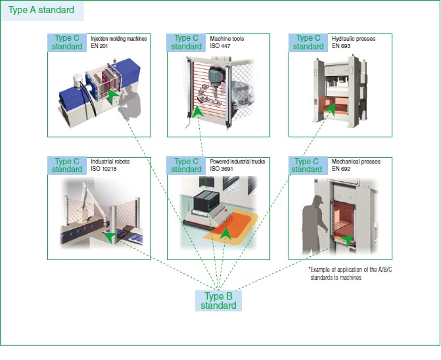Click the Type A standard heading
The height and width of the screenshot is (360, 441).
41,11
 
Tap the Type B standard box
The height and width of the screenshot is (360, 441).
218,300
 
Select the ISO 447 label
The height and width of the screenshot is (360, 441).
220,47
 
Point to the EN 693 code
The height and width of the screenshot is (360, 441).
341,47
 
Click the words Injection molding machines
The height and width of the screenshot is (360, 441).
118,39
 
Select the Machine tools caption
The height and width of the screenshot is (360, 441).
227,39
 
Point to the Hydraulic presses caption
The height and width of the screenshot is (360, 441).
354,39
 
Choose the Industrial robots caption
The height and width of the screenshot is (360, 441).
108,161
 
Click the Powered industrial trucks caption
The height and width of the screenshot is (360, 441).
237,161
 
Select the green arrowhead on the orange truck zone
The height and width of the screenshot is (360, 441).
225,233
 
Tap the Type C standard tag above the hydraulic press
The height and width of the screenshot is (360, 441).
308,42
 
